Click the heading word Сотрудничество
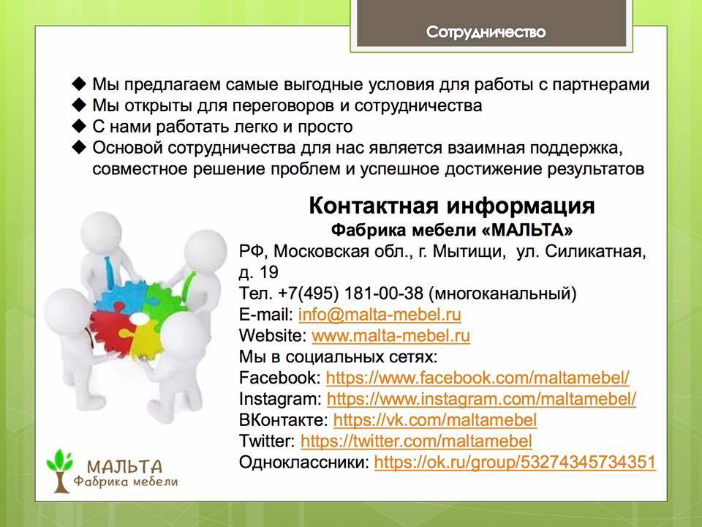pyautogui.click(x=486, y=32)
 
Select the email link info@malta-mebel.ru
pyautogui.click(x=380, y=315)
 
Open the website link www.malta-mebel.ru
pyautogui.click(x=390, y=336)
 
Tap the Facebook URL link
pyautogui.click(x=478, y=378)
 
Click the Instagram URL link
pyautogui.click(x=481, y=399)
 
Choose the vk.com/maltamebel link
pyautogui.click(x=435, y=420)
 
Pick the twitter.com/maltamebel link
pyautogui.click(x=416, y=441)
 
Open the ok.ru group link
pyautogui.click(x=515, y=462)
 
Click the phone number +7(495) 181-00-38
pyautogui.click(x=350, y=294)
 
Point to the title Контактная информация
pyautogui.click(x=452, y=206)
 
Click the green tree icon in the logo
pyautogui.click(x=59, y=470)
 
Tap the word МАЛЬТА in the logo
pyautogui.click(x=124, y=467)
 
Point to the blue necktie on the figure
pyautogui.click(x=108, y=273)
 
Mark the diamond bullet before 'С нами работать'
pyautogui.click(x=79, y=126)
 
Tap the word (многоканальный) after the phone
pyautogui.click(x=502, y=294)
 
